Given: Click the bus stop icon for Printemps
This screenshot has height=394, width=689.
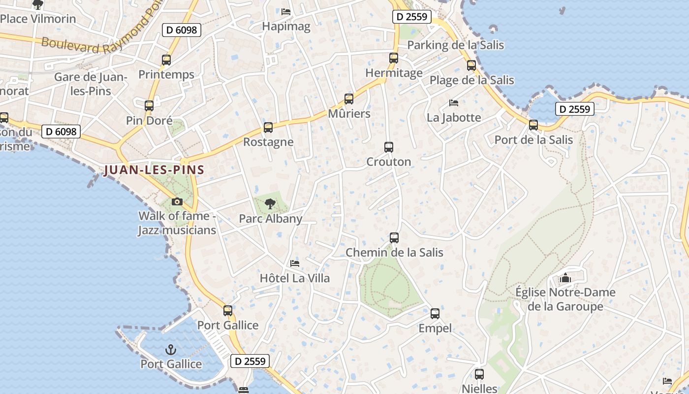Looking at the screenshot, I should click(166, 60).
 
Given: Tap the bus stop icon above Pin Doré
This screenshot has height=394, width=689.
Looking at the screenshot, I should click(149, 105).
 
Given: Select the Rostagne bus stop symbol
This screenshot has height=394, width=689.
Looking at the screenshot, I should click(268, 128).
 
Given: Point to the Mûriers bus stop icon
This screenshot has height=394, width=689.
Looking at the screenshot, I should click(349, 99).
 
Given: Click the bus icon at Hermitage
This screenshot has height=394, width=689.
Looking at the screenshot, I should click(394, 58).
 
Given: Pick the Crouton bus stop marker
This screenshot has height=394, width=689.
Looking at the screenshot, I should click(389, 147).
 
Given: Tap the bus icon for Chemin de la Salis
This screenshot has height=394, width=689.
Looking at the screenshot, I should click(394, 238).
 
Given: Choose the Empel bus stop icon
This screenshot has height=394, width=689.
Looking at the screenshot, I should click(435, 314).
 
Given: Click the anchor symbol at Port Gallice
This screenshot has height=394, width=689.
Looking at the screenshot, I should click(171, 350).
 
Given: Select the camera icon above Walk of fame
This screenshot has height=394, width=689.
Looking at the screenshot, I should click(177, 201).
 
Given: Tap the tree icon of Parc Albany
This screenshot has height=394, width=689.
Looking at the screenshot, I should click(270, 204).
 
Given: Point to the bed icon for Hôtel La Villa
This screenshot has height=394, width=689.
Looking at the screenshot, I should click(295, 263).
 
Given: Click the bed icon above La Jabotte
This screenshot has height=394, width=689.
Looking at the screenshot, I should click(454, 103).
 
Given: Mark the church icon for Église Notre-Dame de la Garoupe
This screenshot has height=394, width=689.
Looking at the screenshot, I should click(565, 278).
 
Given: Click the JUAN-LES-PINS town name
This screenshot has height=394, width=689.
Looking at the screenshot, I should click(154, 170).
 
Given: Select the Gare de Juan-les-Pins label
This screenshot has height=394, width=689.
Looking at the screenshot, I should click(90, 84).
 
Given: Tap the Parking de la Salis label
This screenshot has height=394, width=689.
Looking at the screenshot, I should click(456, 45).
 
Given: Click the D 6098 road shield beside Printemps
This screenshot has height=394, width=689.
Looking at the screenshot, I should click(182, 30).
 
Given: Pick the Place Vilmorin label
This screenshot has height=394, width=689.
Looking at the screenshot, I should click(38, 19).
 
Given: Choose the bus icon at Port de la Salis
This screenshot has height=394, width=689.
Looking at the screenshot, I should click(533, 125).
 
